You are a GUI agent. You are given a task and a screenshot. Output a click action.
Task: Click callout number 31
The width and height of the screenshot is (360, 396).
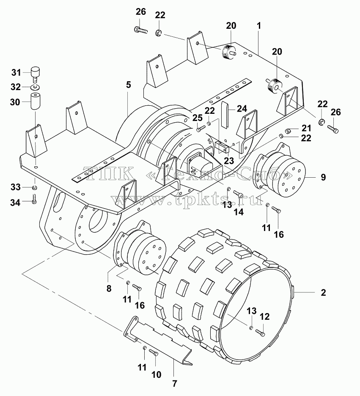(x=16, y=73)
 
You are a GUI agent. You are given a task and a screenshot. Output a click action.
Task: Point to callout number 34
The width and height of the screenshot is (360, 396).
(x=15, y=202)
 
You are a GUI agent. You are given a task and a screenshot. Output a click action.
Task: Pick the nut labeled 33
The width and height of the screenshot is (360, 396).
(x=35, y=188)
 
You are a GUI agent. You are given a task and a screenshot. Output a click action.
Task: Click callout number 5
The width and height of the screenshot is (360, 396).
(x=129, y=85)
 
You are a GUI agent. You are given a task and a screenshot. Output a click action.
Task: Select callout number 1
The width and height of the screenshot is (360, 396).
(x=259, y=25)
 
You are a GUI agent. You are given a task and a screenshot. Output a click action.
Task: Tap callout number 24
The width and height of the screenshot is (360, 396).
(x=242, y=109)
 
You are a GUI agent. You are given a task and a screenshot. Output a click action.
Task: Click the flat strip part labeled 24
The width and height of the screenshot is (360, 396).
(x=225, y=114)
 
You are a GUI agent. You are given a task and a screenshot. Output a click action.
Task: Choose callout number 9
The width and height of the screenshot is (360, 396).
(x=323, y=177)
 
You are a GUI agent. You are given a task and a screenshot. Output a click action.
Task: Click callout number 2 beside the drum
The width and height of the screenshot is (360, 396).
(x=323, y=293)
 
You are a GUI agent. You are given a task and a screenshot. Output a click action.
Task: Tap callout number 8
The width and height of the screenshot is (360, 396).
(x=109, y=289)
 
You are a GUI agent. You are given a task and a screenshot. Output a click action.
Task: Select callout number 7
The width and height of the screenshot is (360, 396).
(x=174, y=384)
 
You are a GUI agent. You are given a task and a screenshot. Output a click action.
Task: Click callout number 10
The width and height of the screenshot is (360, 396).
(x=156, y=374)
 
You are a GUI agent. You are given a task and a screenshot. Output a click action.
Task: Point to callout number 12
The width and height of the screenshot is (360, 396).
(x=264, y=317)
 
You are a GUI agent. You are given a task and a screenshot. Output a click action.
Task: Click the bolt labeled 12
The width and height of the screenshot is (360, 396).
(x=260, y=333)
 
